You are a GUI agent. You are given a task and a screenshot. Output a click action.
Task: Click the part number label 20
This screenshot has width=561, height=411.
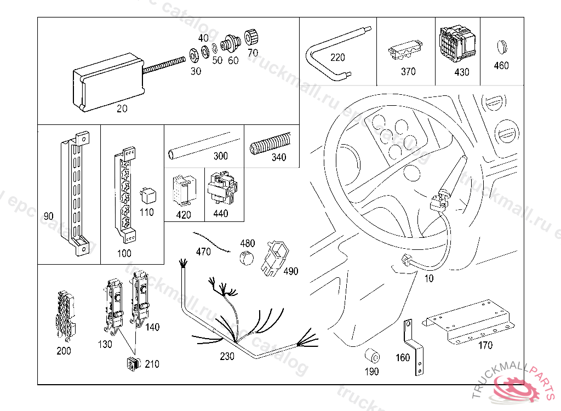pos(122,109)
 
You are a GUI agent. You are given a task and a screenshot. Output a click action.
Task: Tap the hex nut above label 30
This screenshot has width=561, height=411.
pos(193,54)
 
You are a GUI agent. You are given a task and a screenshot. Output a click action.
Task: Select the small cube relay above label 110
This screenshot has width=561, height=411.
pos(147,195)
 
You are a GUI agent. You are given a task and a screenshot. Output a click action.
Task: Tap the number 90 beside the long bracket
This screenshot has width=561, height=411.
pos(49,216)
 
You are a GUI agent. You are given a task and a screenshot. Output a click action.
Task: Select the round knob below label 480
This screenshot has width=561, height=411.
pos(248,257)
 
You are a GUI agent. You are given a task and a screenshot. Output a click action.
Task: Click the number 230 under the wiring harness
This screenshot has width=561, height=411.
pos(227,356)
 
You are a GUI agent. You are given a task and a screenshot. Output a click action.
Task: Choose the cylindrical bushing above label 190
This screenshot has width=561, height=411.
pos(373,356)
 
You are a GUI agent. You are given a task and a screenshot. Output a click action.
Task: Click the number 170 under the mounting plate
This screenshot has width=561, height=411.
pos(485,345)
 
